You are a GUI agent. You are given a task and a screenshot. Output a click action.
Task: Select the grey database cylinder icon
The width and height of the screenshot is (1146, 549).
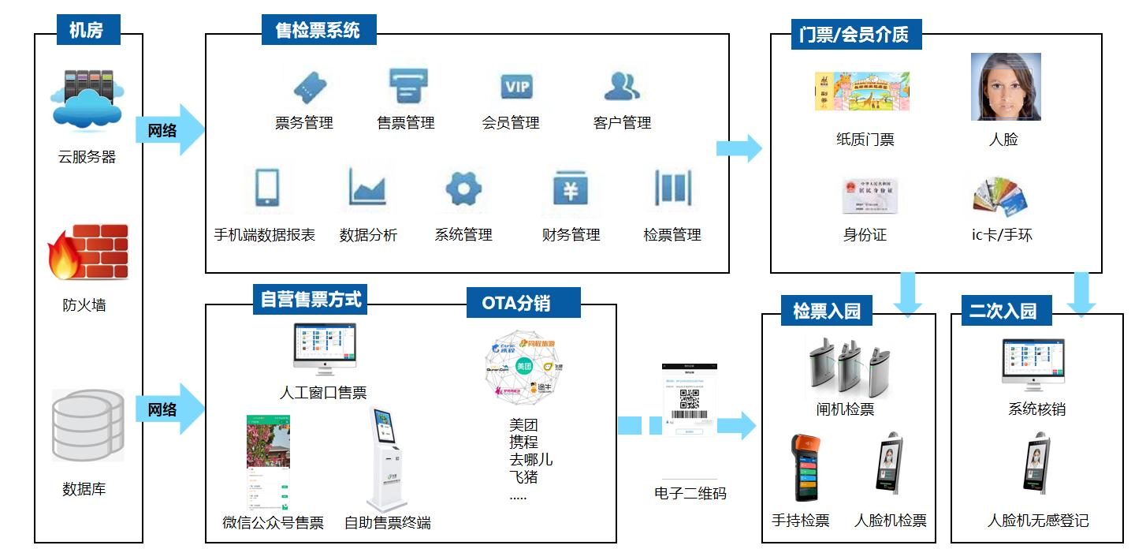click(87, 425)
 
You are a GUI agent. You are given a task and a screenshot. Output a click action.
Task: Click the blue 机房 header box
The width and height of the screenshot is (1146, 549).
click(89, 30)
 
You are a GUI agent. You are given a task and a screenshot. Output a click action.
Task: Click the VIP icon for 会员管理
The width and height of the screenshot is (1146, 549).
click(517, 86)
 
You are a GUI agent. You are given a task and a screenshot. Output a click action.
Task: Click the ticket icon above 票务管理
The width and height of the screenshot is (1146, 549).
click(309, 86)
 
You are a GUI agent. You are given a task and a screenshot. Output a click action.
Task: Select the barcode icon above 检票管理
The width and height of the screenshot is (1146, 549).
click(672, 188)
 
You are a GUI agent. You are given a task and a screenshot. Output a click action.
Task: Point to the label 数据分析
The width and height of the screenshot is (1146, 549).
click(368, 235)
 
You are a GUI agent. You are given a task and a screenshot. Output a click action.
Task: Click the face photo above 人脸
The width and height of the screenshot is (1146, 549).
click(1005, 87)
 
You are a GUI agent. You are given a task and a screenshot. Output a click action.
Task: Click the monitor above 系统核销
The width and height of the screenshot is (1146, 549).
click(1033, 365)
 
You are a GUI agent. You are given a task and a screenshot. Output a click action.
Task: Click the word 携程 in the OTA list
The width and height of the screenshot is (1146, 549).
click(524, 443)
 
